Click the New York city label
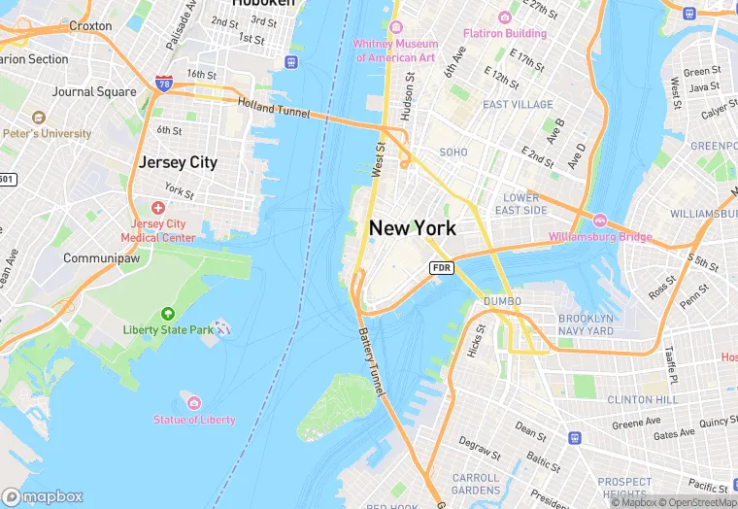pos(413,228)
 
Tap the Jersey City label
pos(178,162)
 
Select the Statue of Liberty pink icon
pos(194,403)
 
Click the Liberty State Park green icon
pos(168,314)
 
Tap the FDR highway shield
pos(442,267)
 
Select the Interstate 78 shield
pos(164,85)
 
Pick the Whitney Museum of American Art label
pos(396,51)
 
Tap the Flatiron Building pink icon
pos(504,17)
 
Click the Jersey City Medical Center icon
pos(158,208)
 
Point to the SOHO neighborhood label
pos(453,153)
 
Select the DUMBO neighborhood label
pos(502,301)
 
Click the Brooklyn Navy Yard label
pos(586,324)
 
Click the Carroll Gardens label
pos(476,484)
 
